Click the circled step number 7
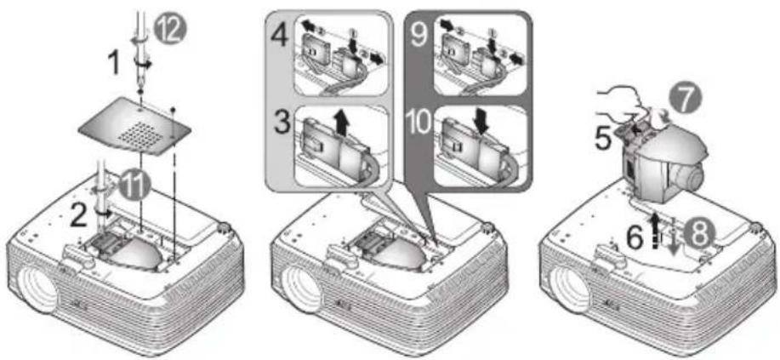point(687,100)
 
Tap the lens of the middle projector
point(301,291)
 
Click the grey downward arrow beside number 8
point(674,243)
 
